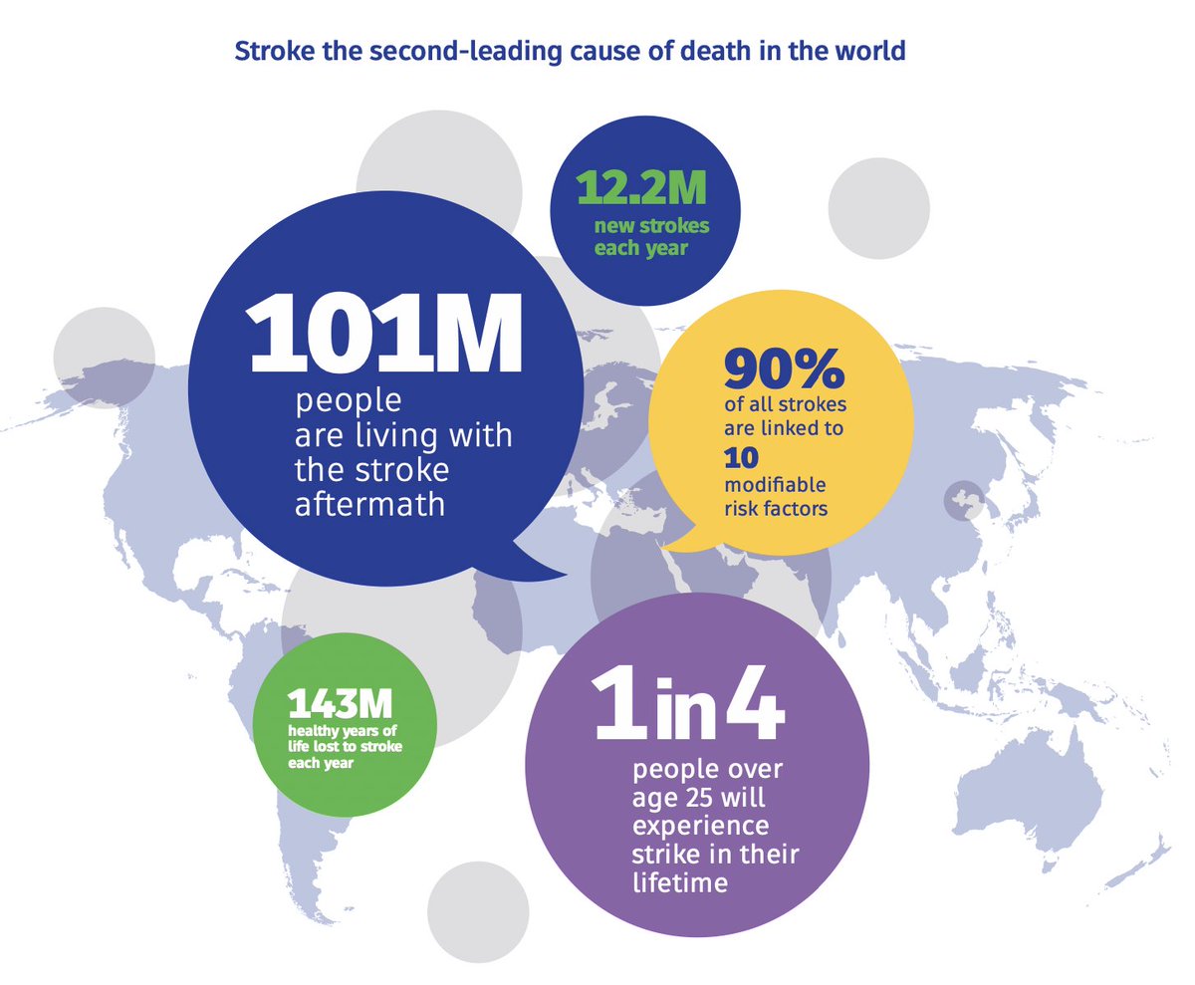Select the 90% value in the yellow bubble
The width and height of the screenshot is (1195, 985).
point(784,369)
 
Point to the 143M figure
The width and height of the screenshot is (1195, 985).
point(334,705)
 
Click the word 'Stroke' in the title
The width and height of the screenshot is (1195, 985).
point(266,51)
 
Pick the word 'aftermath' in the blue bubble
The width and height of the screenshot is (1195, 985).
point(369,503)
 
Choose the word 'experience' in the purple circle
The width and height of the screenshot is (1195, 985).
point(700,826)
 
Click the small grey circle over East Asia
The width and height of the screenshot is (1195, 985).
point(963,500)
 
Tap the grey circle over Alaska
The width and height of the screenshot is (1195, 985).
point(105,358)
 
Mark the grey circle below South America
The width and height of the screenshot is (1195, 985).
point(477,910)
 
